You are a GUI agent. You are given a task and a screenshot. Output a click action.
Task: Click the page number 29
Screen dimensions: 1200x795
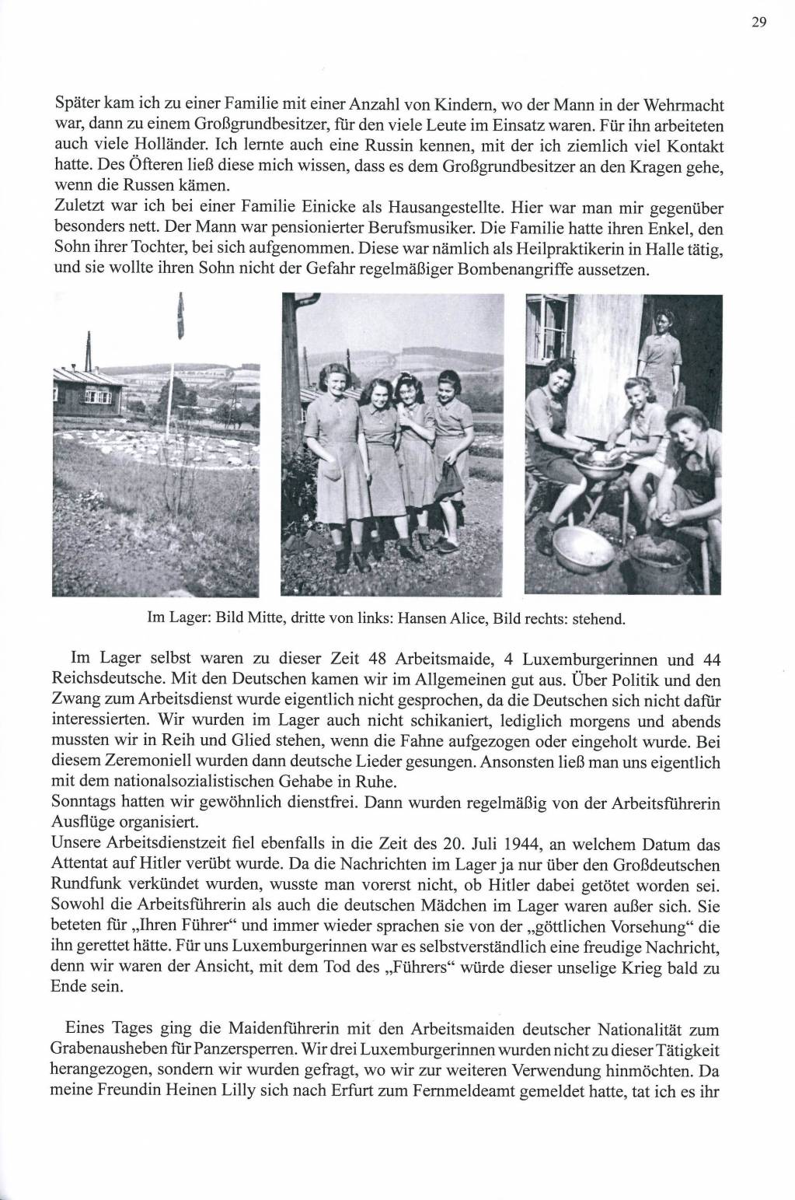tap(759, 23)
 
